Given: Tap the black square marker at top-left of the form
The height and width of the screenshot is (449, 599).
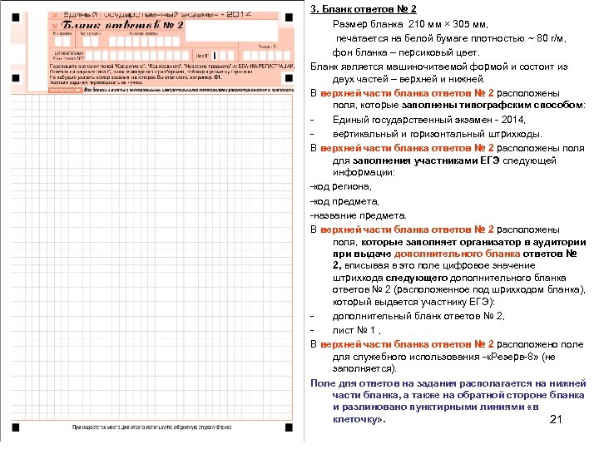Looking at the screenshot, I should tap(16, 9).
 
